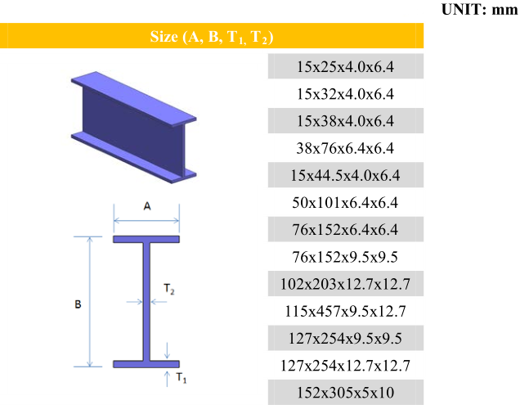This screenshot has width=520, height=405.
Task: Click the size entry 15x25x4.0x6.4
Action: tap(345, 67)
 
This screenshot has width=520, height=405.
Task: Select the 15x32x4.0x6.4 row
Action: tap(345, 94)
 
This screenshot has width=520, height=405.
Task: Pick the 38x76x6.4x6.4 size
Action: tap(345, 148)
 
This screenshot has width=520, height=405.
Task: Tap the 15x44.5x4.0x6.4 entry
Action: tap(345, 175)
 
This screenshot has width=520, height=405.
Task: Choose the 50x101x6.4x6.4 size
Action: tap(345, 203)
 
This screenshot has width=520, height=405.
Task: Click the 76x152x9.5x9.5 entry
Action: tap(345, 257)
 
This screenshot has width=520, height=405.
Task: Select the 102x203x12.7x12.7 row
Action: tap(345, 284)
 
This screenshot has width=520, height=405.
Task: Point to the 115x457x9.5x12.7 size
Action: tap(345, 312)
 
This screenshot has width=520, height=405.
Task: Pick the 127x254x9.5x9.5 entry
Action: tap(345, 339)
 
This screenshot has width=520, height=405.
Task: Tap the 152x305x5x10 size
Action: tap(345, 393)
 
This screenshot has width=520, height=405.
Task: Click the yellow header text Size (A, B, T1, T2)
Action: tap(212, 37)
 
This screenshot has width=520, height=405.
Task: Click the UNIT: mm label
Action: tap(480, 9)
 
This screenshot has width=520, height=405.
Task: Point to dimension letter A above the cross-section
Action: tap(147, 206)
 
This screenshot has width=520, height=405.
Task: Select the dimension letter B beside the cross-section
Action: tap(78, 304)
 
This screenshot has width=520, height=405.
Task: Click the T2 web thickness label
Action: tap(169, 289)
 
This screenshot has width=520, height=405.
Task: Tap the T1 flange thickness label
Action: tap(182, 378)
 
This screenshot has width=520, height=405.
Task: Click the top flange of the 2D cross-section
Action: tap(146, 239)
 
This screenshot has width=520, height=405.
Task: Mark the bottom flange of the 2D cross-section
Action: tap(146, 364)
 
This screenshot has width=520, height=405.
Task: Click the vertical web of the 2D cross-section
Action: tap(146, 301)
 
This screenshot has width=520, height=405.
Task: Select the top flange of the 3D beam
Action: tap(133, 99)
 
